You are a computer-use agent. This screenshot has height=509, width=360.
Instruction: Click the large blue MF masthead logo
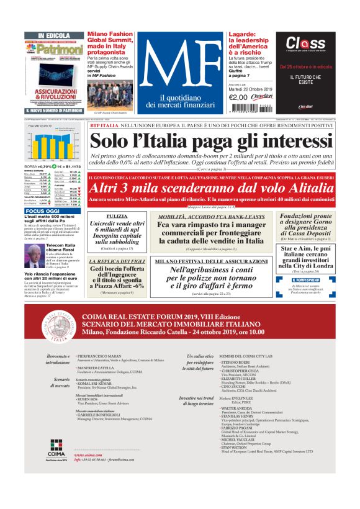tap(179, 62)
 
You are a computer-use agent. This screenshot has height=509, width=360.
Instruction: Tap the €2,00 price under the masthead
tap(238, 97)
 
